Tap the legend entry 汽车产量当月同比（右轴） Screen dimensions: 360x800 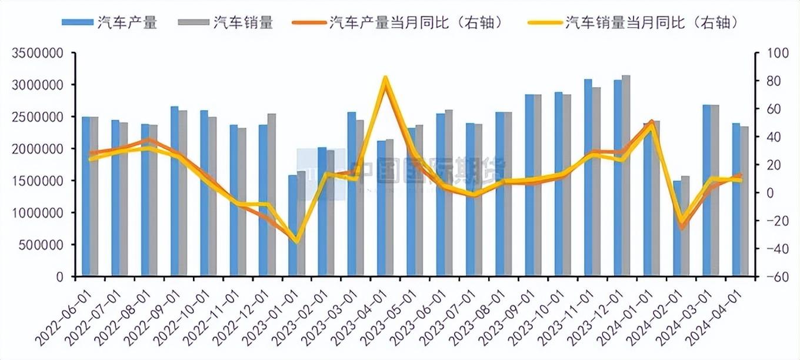tap(399, 23)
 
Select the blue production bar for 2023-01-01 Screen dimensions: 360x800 tap(292, 226)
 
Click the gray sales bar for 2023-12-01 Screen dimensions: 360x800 tap(626, 176)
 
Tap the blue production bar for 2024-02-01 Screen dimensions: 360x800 tap(677, 229)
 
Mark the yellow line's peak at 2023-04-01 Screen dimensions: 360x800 tap(385, 78)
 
